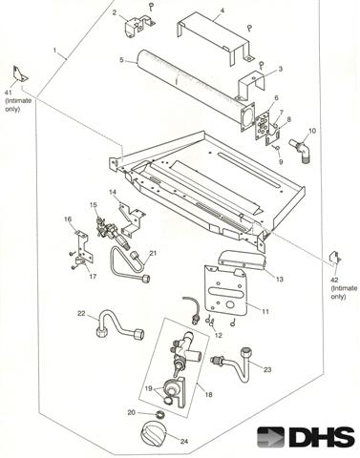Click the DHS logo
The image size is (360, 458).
pos(306,437)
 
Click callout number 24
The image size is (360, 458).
pos(184,441)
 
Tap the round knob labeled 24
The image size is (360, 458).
pos(153,434)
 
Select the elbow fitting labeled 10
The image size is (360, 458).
pos(299,150)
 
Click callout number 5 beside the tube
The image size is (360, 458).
pos(122,59)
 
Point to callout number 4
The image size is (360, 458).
pos(222,10)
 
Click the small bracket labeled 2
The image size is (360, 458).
pos(138,26)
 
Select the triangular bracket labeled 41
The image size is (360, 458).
pos(20,74)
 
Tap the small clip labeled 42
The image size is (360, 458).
pos(335,258)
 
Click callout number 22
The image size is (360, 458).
pos(81,313)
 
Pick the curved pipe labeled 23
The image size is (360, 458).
pos(235,364)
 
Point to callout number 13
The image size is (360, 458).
pos(279,280)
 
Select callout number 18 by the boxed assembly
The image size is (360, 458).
pos(208,394)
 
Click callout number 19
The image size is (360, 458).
pos(149,388)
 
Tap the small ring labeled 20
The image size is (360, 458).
pos(160,415)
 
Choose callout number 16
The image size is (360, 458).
pos(68,219)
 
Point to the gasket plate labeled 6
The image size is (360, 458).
pos(263,125)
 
